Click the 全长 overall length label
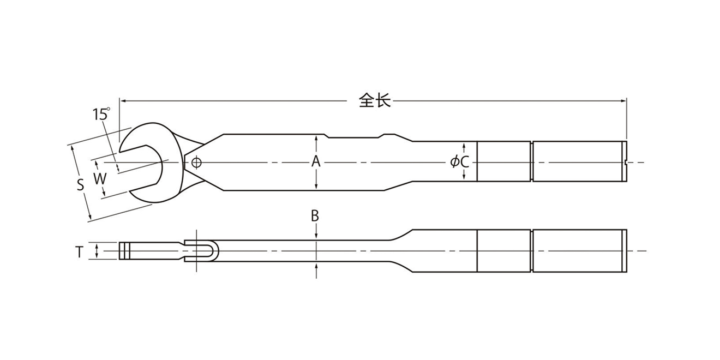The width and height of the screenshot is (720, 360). (375, 100)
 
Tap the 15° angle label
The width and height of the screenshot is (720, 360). (101, 114)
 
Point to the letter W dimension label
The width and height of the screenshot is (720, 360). (100, 179)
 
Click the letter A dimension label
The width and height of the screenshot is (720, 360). (316, 161)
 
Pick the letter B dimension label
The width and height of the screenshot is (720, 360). (315, 216)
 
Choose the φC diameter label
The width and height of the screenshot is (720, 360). (460, 161)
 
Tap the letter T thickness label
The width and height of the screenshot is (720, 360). (79, 252)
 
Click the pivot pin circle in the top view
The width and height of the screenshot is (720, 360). (196, 163)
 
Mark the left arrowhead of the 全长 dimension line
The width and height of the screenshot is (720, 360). (123, 100)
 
